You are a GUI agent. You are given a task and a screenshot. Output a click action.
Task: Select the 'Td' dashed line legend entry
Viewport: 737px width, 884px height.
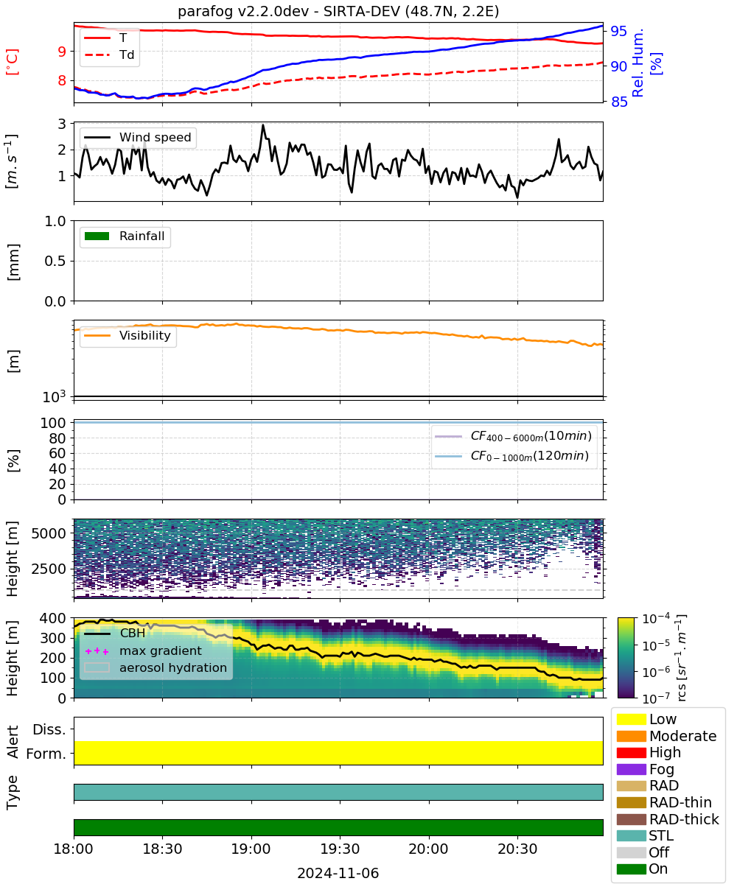click(x=109, y=55)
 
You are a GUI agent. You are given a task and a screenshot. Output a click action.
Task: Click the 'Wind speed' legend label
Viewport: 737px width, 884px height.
click(x=155, y=137)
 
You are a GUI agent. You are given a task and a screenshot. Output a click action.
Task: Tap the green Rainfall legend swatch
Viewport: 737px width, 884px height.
click(x=97, y=236)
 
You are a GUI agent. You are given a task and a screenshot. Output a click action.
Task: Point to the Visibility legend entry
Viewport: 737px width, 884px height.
click(x=128, y=335)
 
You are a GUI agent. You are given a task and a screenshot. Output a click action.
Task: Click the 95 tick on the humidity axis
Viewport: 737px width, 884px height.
click(x=618, y=31)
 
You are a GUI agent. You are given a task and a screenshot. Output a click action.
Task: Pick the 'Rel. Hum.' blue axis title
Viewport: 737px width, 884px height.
click(x=638, y=63)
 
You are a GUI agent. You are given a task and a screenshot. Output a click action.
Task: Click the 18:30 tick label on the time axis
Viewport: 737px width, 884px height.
click(x=162, y=849)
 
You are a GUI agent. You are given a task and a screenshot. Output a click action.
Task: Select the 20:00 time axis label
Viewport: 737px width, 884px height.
click(x=429, y=849)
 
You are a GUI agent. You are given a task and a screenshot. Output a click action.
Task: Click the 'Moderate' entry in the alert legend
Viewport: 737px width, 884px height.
click(x=682, y=736)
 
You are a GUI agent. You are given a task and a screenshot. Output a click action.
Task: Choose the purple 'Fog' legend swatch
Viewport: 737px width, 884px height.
click(x=631, y=769)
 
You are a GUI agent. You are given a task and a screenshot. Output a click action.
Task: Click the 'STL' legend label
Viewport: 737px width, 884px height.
click(x=661, y=835)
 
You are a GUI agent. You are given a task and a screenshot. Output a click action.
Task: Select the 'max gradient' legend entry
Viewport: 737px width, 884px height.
click(x=144, y=650)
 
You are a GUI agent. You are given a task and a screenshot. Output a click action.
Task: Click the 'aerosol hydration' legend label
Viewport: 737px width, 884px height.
click(x=173, y=667)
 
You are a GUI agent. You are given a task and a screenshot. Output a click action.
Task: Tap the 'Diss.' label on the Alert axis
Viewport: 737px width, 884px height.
click(x=49, y=729)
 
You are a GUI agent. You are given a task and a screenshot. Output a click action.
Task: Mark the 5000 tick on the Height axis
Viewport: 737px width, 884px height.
click(x=49, y=533)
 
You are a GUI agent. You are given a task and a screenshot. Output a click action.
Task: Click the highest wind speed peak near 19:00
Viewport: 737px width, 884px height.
click(x=262, y=125)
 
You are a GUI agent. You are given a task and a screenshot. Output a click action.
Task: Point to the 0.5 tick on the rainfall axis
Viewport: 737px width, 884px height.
click(x=55, y=261)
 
